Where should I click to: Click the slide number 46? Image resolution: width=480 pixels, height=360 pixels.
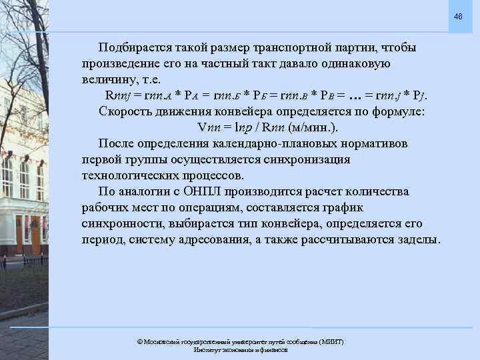(458, 16)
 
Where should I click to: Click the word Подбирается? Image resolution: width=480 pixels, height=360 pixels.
(136, 49)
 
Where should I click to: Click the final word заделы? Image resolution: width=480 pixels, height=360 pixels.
(418, 239)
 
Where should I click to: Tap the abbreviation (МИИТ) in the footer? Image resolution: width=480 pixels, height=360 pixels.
(327, 341)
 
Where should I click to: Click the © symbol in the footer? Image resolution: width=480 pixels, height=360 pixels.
(139, 341)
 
